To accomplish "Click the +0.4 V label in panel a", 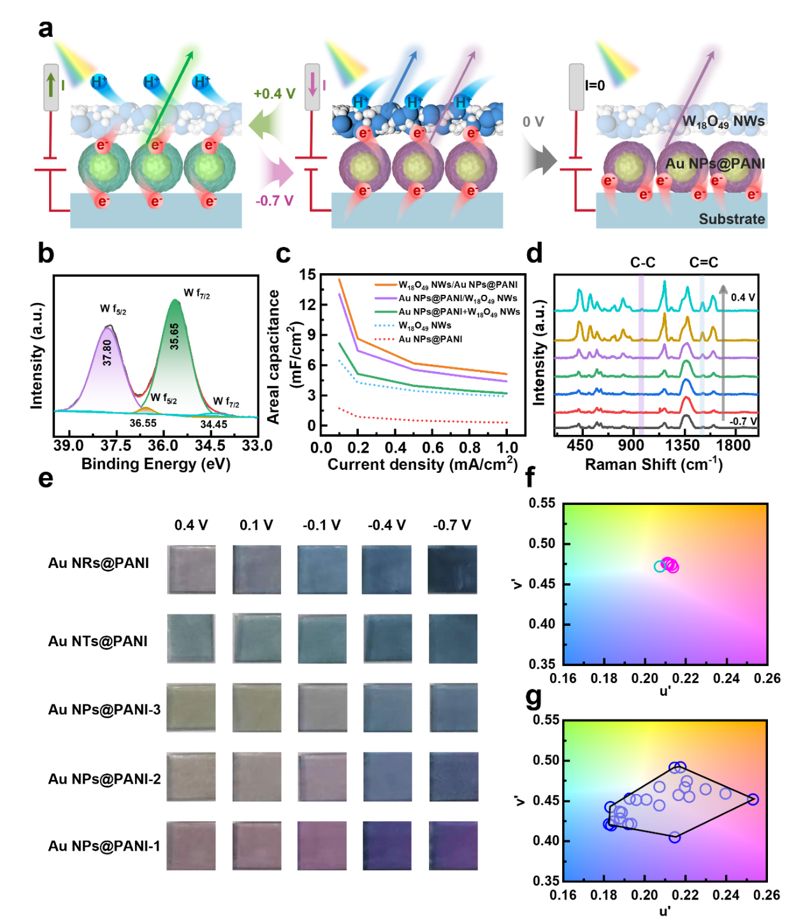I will pos(274,94).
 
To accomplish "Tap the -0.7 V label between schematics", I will pos(275,201).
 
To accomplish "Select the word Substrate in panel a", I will pos(732,219).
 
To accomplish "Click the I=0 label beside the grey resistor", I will pos(595,85).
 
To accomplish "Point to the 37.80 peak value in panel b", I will pos(107,352).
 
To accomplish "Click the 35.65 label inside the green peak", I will pos(174,336).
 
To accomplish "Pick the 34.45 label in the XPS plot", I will pos(213,424).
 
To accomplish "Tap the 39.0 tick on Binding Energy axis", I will pos(68,446).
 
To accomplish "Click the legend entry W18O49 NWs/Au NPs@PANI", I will pos(458,285).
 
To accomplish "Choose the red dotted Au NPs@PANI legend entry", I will pos(430,339).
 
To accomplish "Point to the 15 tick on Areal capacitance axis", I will pos(308,275).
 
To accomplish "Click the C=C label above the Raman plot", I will pos(704,262).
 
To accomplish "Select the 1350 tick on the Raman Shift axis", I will pos(686,445).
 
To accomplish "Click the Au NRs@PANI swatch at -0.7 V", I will pos(452,569).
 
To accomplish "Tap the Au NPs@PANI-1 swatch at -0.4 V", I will pos(387,846).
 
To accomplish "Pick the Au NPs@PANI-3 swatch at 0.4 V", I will pos(191,707).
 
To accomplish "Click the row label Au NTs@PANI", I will pos(98,641).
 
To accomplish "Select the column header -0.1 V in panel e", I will pos(322,525).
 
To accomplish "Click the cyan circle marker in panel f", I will pos(660,566).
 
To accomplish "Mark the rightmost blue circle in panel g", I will pos(753,799).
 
